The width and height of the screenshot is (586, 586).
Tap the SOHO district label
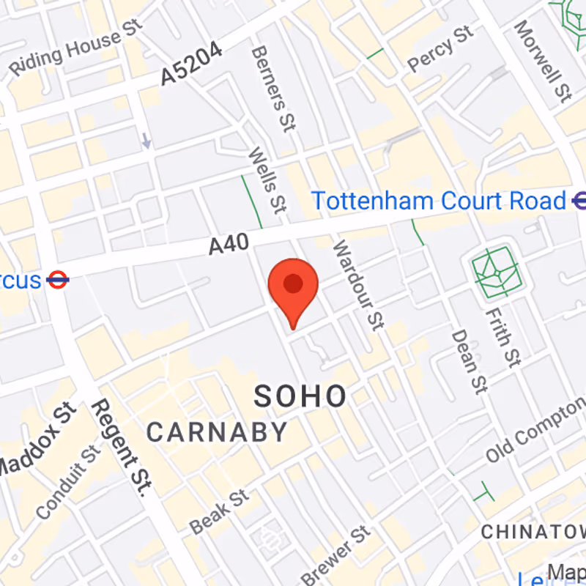300,396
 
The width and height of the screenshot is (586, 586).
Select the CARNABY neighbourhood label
217,431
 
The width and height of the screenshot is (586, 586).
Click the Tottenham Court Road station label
439,201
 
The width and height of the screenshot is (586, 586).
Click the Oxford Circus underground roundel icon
57,279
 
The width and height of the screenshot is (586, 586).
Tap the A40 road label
229,244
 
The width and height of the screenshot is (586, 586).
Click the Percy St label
441,49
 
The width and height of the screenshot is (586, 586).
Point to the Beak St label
219,512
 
